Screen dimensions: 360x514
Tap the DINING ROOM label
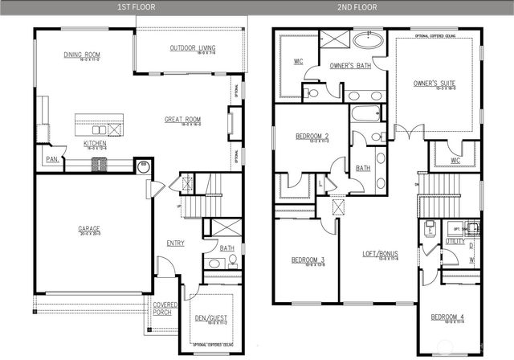[x=87, y=55]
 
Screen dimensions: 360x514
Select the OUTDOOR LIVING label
[x=192, y=48]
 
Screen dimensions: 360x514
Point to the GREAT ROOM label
[x=182, y=121]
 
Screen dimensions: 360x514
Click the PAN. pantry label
[x=51, y=160]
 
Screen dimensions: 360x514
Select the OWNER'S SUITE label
[x=431, y=83]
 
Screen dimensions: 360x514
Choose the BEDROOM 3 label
[x=308, y=259]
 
